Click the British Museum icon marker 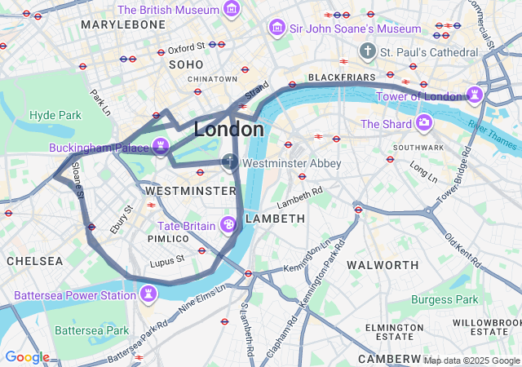[x=232, y=11]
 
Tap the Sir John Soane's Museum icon [x=276, y=29]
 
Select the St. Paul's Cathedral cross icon [x=368, y=51]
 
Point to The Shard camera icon [x=424, y=124]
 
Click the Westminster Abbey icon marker [x=231, y=162]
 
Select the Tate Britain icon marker [x=229, y=225]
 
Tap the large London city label [x=228, y=130]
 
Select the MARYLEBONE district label [x=123, y=24]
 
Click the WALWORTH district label [x=383, y=265]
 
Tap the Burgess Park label [x=445, y=299]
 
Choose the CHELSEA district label [x=34, y=261]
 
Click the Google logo [x=26, y=357]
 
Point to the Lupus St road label [x=167, y=261]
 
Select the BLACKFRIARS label [x=341, y=77]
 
